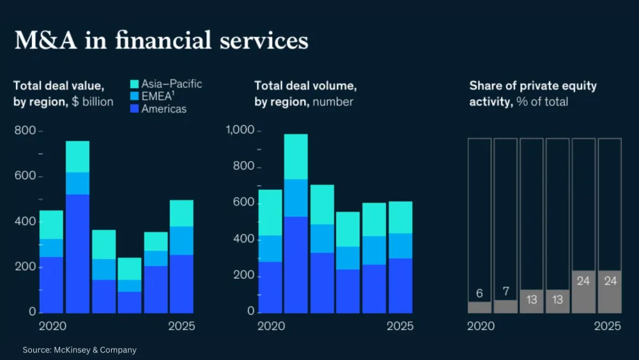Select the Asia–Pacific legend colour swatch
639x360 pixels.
click(134, 84)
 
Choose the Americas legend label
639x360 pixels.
click(164, 109)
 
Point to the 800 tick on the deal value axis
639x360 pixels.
click(26, 131)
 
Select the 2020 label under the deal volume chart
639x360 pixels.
click(271, 326)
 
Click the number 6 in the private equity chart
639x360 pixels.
click(479, 294)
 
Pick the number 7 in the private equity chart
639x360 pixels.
click(505, 292)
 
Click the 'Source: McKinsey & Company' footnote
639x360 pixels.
click(80, 350)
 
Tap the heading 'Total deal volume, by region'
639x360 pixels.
click(305, 93)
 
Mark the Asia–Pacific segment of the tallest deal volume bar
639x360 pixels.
click(296, 157)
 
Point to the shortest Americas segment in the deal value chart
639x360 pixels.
click(130, 302)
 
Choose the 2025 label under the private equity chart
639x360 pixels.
click(607, 326)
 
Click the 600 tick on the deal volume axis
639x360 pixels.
click(243, 203)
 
